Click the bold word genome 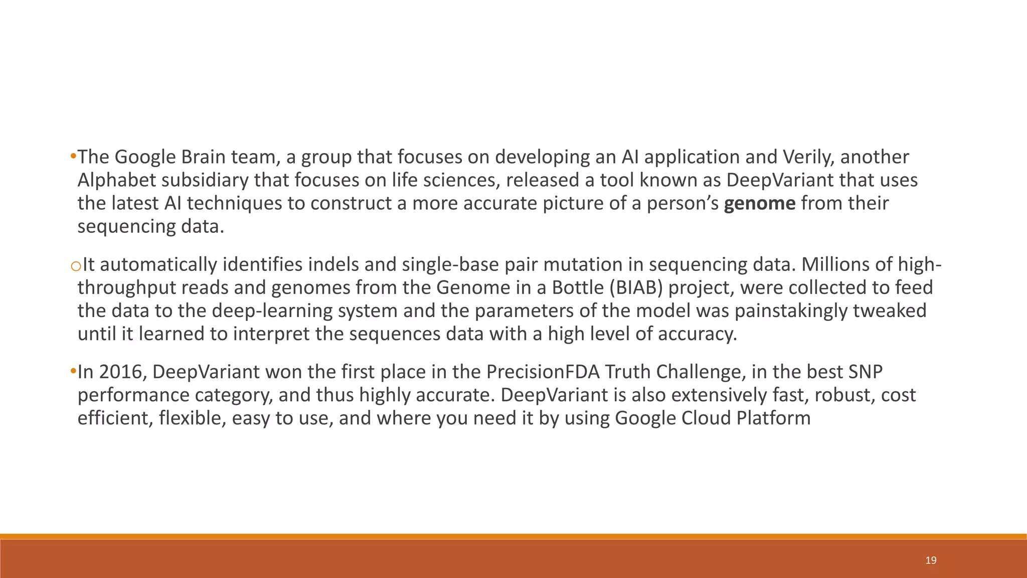(759, 204)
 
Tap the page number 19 (931, 560)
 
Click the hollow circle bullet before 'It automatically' (76, 266)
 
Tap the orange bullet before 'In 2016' (73, 372)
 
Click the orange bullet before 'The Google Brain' (73, 157)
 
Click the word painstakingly (790, 311)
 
